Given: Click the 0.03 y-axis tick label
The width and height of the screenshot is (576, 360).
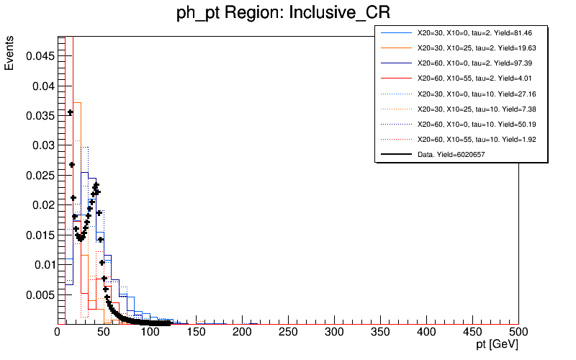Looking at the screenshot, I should (42, 145).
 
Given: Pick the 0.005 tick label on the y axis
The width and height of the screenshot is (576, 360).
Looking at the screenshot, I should (39, 294).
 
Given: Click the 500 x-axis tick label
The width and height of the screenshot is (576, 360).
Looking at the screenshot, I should (518, 332).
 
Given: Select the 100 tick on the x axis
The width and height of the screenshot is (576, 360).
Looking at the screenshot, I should (150, 332).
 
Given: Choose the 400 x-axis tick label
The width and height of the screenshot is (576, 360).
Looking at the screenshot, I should (426, 332).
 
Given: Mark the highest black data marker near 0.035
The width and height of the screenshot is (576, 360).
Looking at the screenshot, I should (71, 112).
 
